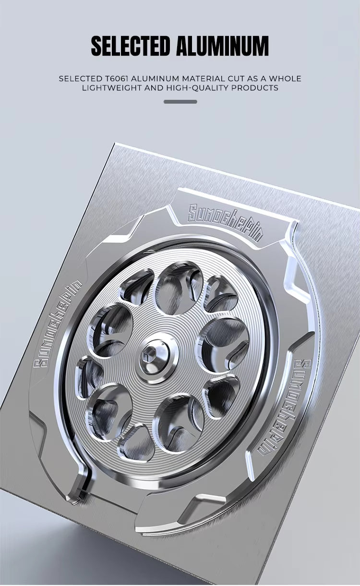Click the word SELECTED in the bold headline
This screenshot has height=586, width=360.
point(130,46)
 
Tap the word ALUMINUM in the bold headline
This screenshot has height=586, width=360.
point(222,46)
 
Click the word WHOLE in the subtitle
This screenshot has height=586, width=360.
point(285,79)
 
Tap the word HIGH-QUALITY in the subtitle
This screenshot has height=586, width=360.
point(197,88)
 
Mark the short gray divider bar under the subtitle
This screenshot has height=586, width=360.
point(180,102)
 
